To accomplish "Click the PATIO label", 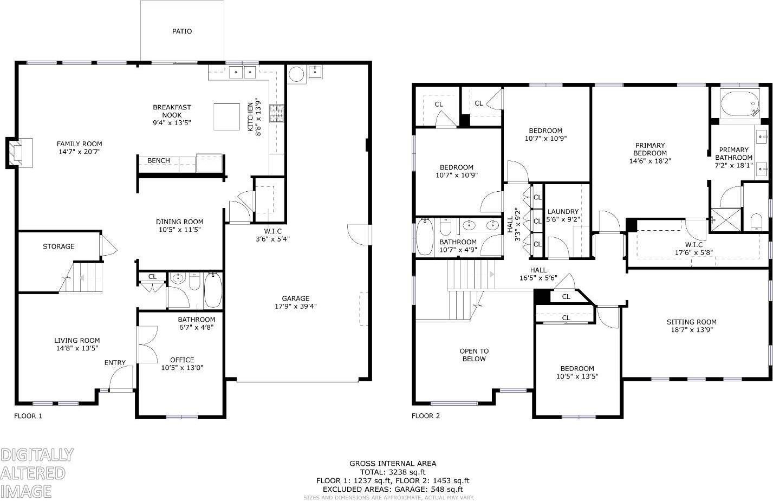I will coord(182,31).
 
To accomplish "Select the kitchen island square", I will coord(226,116).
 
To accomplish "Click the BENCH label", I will coord(159,161).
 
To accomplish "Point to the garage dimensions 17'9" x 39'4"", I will coord(295,306).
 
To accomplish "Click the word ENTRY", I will coord(115,363).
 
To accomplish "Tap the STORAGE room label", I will coord(59,246).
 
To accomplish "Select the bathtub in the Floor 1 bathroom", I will coord(212,291).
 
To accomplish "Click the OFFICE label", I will coord(182,360).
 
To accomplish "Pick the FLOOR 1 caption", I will coord(28,416).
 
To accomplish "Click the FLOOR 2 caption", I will coord(426,416).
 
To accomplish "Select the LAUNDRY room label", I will coord(563,212).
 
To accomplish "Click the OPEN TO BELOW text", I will coord(474,355).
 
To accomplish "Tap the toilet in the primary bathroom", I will coord(756,221).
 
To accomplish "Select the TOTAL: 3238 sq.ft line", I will coord(393,472).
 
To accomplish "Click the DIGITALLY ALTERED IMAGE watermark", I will coord(36,472).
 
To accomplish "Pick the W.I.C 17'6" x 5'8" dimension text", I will coord(693,252).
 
